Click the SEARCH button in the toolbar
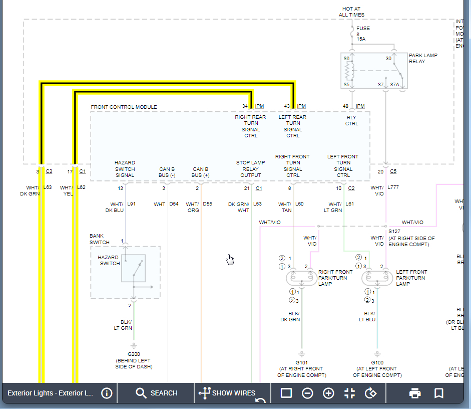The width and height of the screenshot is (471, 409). pos(156,393)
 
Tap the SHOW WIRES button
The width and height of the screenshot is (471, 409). pos(227,393)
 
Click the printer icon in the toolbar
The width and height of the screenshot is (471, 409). pos(415,393)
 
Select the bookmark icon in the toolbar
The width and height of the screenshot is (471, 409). pos(438,393)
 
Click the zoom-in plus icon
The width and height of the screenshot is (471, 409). pos(328,393)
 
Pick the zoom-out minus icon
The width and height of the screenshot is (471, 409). pos(307,393)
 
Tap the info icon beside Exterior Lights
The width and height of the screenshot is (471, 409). pos(107,393)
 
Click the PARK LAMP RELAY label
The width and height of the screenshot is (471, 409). pos(423,58)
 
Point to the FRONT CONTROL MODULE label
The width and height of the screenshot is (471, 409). pos(124,107)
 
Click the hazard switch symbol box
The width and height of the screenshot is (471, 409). pos(134,268)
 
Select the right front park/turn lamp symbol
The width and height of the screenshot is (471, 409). pos(302,278)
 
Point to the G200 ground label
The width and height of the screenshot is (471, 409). pos(134,354)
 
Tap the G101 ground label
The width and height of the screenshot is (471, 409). pos(302,362)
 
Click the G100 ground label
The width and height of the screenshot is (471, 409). pos(377,362)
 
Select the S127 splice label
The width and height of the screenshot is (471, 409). pos(394,232)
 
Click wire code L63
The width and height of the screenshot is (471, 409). pos(48,187)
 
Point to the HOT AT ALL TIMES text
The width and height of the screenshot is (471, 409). pos(351,12)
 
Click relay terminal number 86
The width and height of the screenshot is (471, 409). pos(346,59)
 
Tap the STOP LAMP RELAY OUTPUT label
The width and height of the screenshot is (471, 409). pos(251,169)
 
